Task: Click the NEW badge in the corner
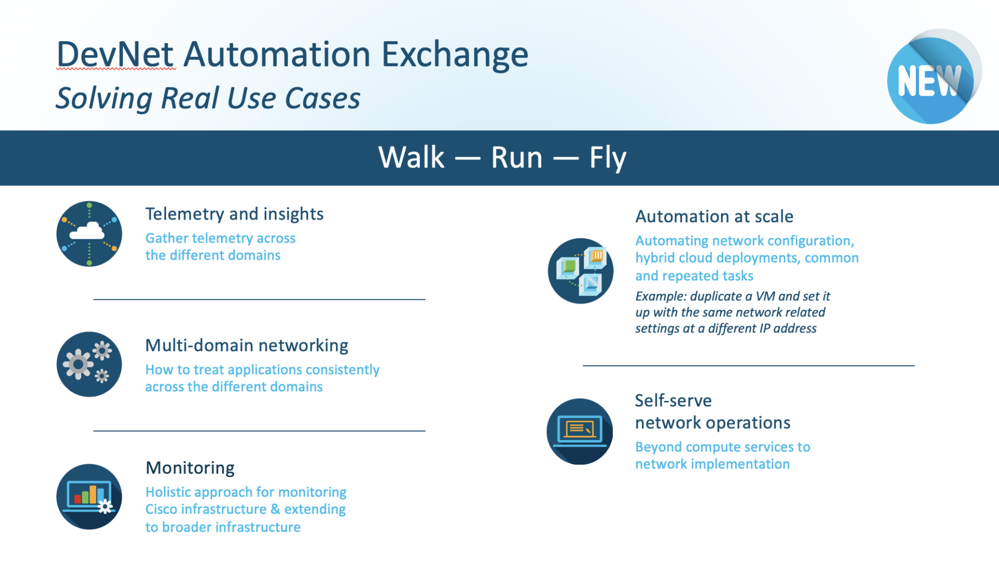930,80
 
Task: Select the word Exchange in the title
455,55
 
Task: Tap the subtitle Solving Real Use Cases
208,98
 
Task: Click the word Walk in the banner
411,157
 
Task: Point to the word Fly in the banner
607,158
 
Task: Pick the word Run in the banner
516,157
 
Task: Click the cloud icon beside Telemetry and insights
89,234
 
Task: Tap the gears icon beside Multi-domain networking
89,364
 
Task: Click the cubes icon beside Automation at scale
580,271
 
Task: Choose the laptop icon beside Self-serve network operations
580,431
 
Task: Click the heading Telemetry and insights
234,214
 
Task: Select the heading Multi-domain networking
247,345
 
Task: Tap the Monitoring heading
190,467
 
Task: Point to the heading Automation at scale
714,216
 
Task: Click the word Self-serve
673,400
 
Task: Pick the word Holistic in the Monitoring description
169,492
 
